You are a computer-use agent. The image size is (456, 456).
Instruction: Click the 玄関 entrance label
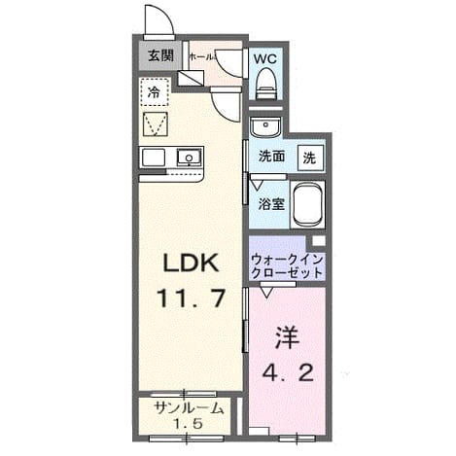click(x=160, y=55)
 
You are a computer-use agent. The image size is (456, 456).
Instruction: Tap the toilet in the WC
click(x=267, y=84)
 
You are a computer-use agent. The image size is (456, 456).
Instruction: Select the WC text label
click(x=265, y=59)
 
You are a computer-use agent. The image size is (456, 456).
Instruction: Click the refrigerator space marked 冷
click(x=155, y=92)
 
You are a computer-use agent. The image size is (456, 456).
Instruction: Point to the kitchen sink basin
click(x=189, y=158)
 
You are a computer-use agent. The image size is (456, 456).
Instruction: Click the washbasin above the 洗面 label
click(x=265, y=126)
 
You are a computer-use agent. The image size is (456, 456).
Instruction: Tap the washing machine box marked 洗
click(x=310, y=158)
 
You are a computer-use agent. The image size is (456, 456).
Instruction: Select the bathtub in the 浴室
click(x=308, y=204)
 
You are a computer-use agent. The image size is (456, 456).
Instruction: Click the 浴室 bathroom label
click(x=271, y=204)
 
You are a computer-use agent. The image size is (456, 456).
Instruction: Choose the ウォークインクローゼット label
click(x=287, y=266)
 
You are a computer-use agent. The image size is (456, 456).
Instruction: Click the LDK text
click(x=191, y=263)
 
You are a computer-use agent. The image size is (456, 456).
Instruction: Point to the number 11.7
click(x=191, y=298)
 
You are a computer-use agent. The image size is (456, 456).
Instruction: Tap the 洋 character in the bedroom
click(x=287, y=337)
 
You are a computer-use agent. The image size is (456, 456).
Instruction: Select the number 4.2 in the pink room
click(x=288, y=372)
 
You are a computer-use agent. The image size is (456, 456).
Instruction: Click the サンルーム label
click(x=190, y=408)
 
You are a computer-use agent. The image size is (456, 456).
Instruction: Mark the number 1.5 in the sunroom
click(x=189, y=424)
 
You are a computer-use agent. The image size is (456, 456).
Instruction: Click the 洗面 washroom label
click(x=271, y=157)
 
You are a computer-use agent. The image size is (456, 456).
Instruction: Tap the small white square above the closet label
click(x=318, y=241)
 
